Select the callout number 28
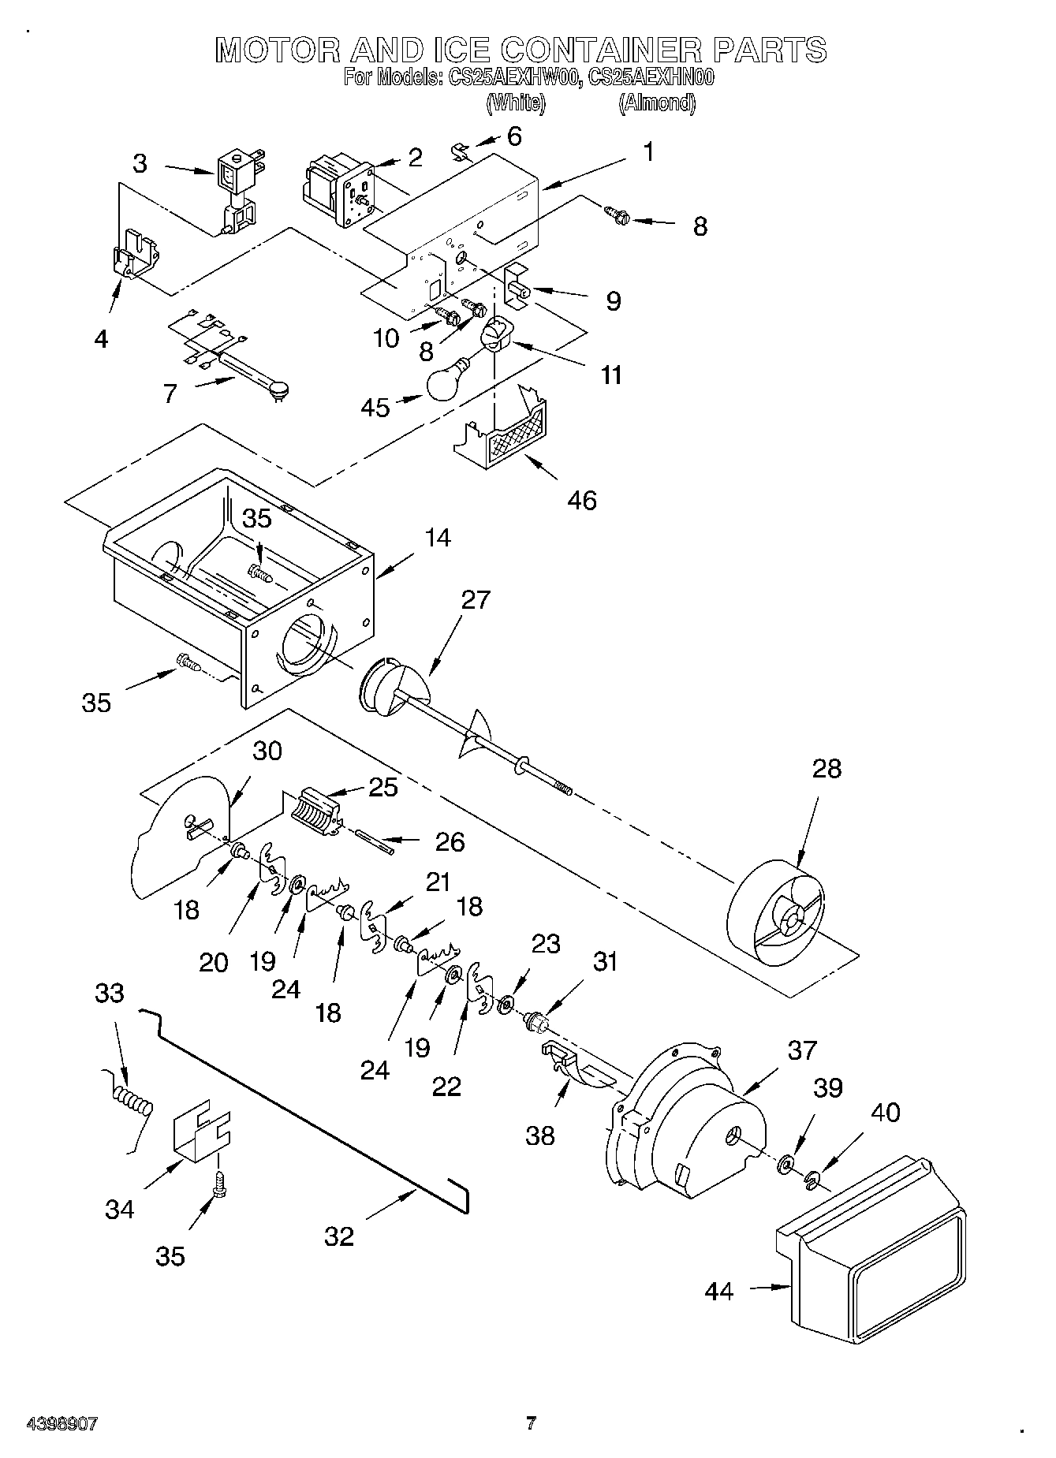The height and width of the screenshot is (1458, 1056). pos(826,768)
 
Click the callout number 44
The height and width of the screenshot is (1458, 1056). pos(718,1292)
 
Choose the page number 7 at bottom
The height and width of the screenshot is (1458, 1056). pos(531,1423)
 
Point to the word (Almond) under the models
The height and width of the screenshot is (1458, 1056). pos(657,103)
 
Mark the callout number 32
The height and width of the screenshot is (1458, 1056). pos(339,1236)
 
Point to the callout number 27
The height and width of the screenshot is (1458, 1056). pos(475,600)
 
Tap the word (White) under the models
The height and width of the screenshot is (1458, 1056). pos(515,103)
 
